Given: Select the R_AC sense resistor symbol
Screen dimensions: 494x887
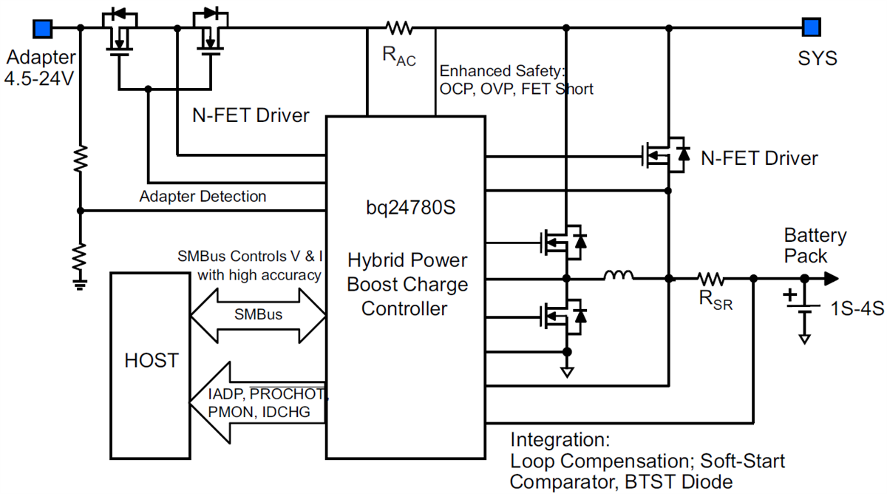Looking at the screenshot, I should coord(399,29).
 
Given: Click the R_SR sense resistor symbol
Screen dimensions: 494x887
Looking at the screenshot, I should coord(711,279).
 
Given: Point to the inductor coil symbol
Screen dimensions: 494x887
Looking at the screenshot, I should coord(619,277).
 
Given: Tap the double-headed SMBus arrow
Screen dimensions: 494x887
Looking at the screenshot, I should coord(258,314).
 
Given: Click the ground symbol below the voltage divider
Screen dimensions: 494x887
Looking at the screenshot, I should coord(80,280).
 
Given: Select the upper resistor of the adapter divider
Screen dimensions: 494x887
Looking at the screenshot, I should coord(80,158).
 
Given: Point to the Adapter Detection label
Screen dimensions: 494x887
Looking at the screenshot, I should coord(203,197).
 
